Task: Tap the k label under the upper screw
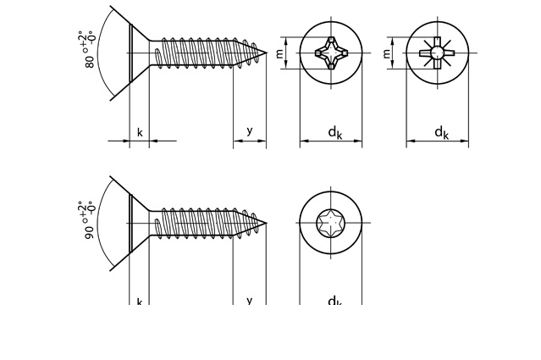[x=140, y=132]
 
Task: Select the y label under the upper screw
[x=250, y=130]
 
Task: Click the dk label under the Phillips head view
[x=335, y=132]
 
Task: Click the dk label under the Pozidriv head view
[x=441, y=132]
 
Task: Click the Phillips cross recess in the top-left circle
[x=330, y=53]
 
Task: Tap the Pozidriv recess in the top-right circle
[x=437, y=53]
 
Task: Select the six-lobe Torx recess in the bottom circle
[x=330, y=224]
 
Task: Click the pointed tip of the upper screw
[x=265, y=53]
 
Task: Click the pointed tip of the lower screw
[x=265, y=224]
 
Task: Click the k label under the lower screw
[x=140, y=302]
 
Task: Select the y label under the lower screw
[x=250, y=301]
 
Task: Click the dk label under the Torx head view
[x=335, y=302]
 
